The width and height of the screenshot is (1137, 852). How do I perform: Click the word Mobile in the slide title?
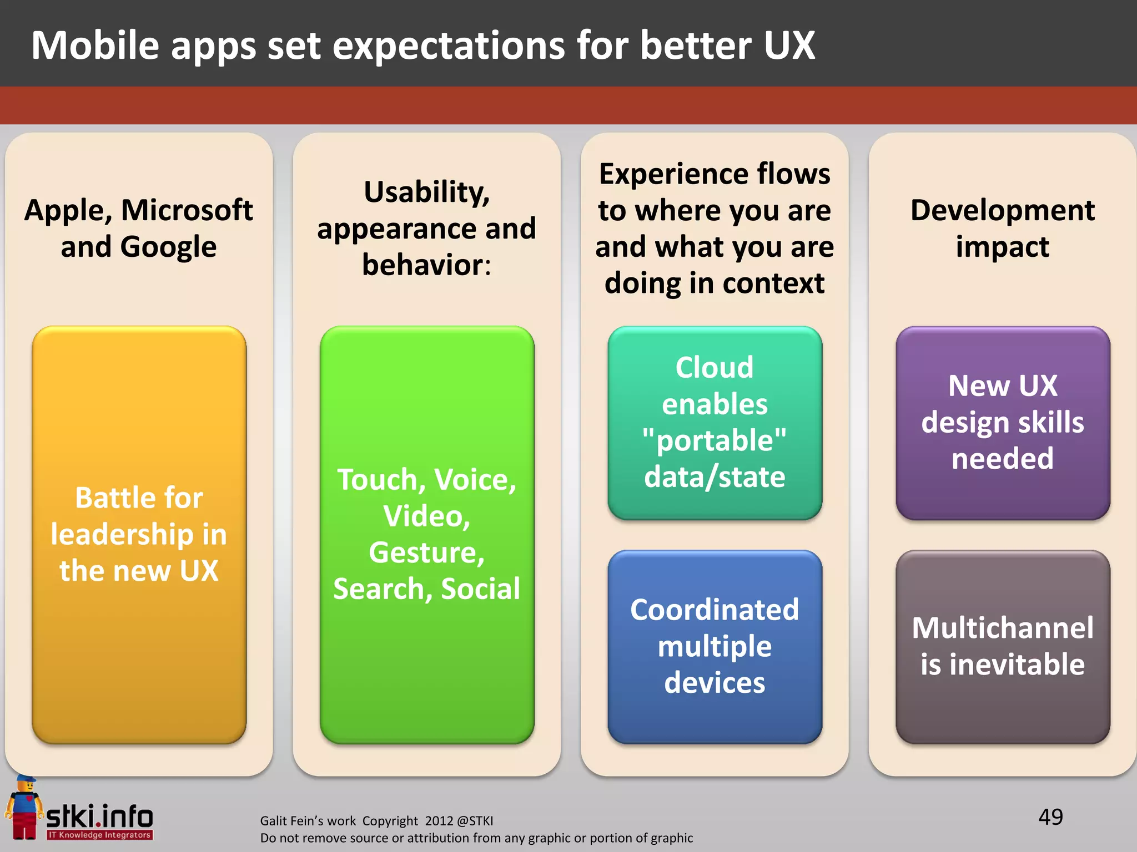pyautogui.click(x=95, y=45)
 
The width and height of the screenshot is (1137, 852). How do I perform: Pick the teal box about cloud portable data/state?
pyautogui.click(x=715, y=422)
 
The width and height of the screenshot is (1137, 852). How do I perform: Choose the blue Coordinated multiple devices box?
pyautogui.click(x=715, y=646)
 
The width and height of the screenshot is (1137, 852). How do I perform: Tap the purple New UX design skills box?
pyautogui.click(x=1002, y=422)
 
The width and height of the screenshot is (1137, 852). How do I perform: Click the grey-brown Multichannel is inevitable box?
pyautogui.click(x=1002, y=646)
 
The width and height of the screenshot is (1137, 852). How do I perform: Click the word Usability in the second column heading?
pyautogui.click(x=426, y=192)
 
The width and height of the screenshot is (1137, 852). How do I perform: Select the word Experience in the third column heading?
pyautogui.click(x=655, y=174)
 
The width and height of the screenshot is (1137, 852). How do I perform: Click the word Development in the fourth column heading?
pyautogui.click(x=1002, y=211)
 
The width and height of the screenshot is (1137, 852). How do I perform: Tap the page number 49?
pyautogui.click(x=1050, y=817)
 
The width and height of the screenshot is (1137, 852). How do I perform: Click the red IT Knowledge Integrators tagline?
pyautogui.click(x=99, y=835)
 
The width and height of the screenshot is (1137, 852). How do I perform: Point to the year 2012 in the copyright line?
pyautogui.click(x=439, y=821)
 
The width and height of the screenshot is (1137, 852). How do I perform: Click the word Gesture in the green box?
pyautogui.click(x=426, y=552)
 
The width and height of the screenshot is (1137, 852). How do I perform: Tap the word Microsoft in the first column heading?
pyautogui.click(x=187, y=211)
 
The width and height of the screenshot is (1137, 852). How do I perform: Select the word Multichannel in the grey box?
pyautogui.click(x=1002, y=628)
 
